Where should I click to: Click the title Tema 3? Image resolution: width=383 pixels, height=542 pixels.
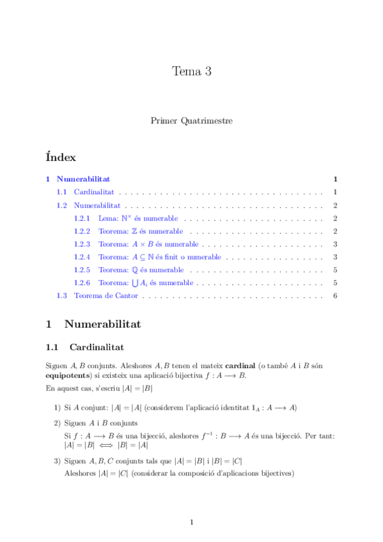[191, 72]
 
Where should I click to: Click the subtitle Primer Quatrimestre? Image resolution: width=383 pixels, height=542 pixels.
[191, 120]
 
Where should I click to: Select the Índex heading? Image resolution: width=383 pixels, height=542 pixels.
[61, 157]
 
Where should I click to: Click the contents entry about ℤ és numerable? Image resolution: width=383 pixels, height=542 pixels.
[141, 231]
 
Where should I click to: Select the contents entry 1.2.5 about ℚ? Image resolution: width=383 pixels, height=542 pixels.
[141, 270]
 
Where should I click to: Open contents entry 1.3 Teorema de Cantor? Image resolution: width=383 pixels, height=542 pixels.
[106, 295]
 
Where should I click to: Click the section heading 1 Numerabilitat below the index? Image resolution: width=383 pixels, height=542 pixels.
[93, 324]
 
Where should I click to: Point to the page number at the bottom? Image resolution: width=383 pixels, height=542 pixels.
[191, 522]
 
